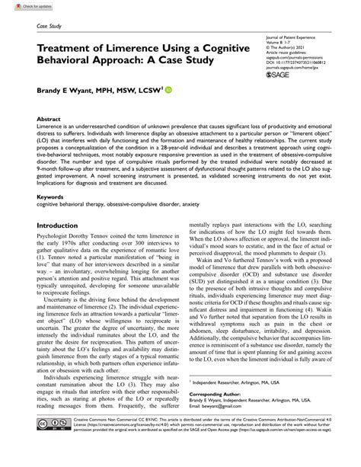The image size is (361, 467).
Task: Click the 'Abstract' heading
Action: (x=49, y=120)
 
